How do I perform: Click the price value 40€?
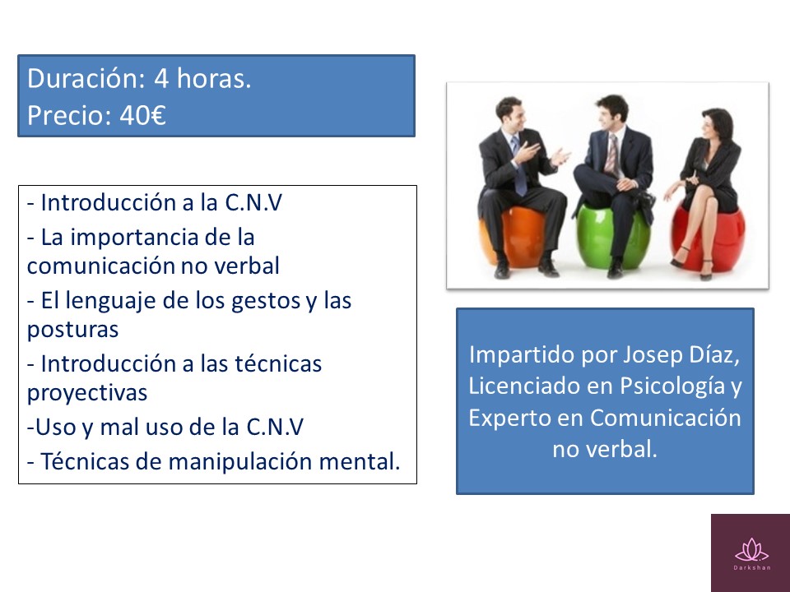(142, 115)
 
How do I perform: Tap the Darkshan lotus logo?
(750, 549)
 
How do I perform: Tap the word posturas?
(72, 329)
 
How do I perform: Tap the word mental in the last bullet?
(365, 461)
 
